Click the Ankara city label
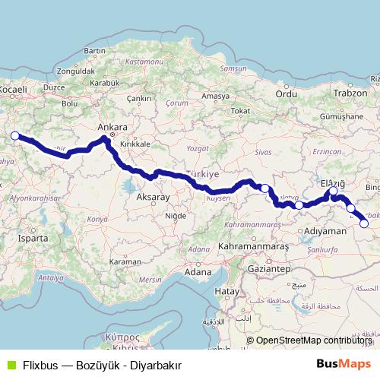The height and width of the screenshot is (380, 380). [112, 127]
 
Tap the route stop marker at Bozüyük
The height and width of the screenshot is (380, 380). [14, 137]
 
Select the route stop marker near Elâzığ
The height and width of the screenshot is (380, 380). [333, 192]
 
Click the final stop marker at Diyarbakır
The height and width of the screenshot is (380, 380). [364, 223]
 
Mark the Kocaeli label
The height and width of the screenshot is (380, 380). [14, 89]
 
